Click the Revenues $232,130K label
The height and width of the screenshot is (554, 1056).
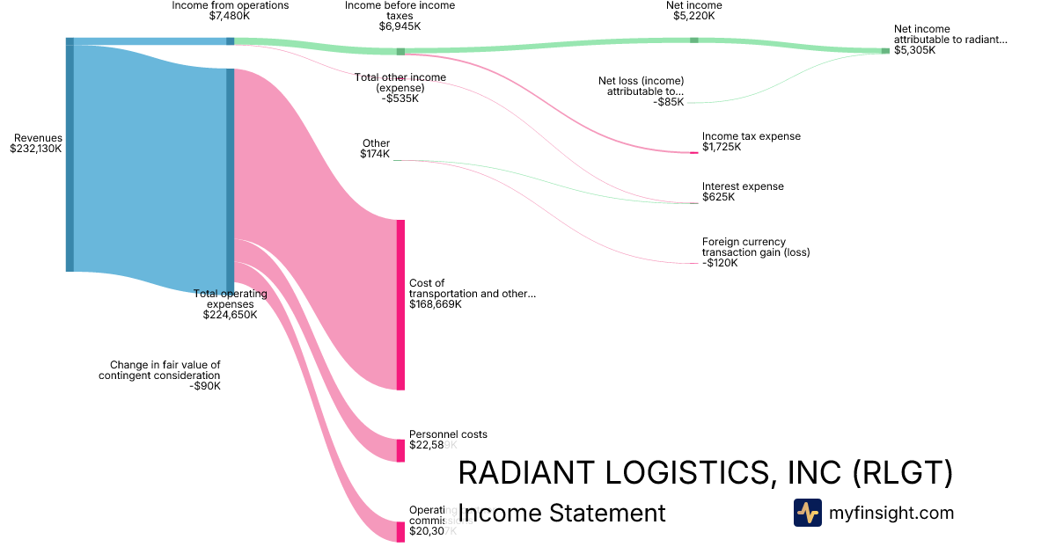(x=37, y=143)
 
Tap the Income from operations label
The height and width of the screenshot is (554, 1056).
(x=231, y=5)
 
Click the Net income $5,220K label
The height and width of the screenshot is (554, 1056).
(x=693, y=11)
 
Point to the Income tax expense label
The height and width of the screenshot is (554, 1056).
(x=751, y=136)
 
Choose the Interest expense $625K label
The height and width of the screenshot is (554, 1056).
(x=742, y=192)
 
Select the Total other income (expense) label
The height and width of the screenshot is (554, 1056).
(x=400, y=88)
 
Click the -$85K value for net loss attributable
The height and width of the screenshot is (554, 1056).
(x=668, y=102)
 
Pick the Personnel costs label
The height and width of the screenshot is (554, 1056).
(x=448, y=434)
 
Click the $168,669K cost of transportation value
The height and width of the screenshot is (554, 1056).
(x=435, y=304)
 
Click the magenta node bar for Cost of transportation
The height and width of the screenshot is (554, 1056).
(x=400, y=304)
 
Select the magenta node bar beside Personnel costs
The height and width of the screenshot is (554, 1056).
(x=400, y=450)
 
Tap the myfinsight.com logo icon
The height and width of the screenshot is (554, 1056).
(x=807, y=513)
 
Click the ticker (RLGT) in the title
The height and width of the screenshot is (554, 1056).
(x=903, y=474)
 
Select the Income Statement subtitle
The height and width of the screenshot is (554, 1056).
(x=561, y=513)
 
